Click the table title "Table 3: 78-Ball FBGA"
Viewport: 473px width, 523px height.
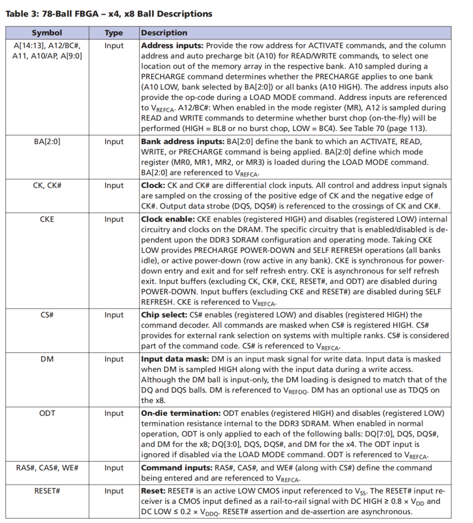109,14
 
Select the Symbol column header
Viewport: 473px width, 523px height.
47,33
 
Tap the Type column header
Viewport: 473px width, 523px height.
114,33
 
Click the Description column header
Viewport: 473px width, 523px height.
164,33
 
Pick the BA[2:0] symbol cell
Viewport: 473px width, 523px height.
47,141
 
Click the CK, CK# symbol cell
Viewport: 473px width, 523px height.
47,185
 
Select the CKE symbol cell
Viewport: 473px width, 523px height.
47,219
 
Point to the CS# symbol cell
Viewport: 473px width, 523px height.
47,315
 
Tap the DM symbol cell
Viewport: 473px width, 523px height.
47,359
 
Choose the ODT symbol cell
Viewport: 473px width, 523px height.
47,413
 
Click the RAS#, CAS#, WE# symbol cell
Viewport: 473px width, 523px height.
47,468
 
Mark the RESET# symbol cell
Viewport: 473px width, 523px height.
47,491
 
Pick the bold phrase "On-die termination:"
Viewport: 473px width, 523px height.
180,413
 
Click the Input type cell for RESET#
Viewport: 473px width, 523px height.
114,491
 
